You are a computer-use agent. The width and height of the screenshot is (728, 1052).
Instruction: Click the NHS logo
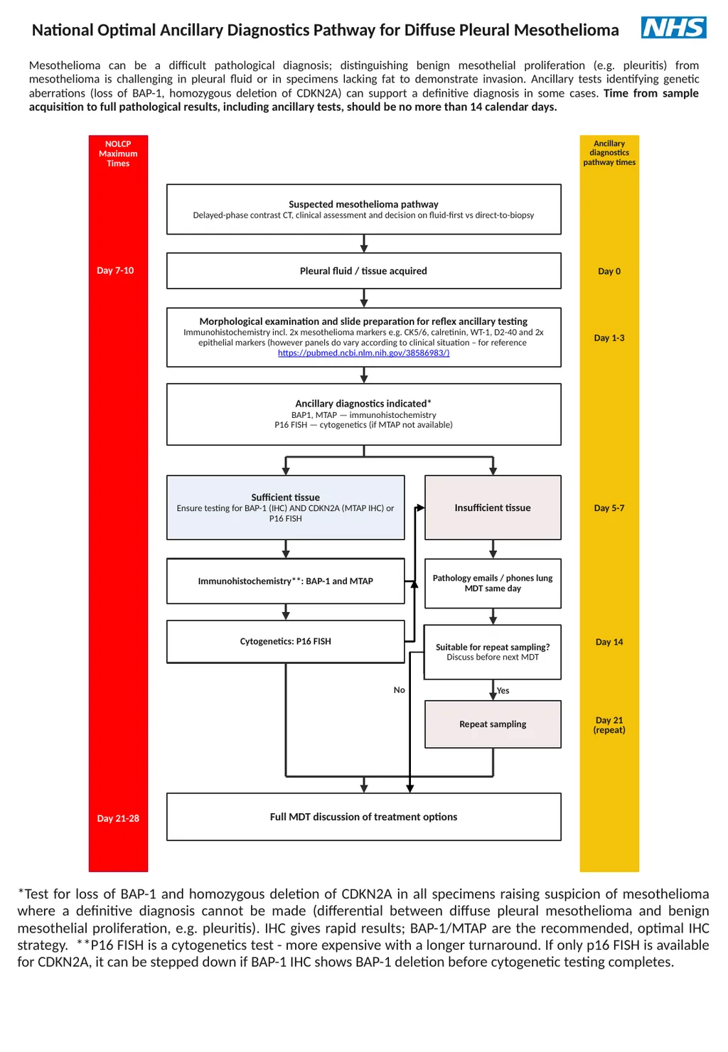(x=673, y=27)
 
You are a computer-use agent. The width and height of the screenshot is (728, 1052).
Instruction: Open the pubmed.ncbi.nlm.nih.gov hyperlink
(x=363, y=353)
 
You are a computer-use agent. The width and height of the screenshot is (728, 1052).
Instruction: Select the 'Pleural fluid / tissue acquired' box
(x=363, y=271)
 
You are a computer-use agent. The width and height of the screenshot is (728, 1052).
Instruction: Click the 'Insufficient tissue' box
(x=493, y=508)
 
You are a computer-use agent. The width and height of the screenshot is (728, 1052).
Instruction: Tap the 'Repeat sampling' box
(x=493, y=724)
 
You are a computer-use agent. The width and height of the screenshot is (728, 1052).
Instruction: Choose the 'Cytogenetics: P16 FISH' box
(x=286, y=642)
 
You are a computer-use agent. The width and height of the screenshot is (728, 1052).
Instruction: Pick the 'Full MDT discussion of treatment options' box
(x=363, y=817)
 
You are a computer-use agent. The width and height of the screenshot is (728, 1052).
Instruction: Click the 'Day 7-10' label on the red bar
(x=115, y=271)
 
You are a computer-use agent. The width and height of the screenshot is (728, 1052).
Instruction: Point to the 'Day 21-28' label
(x=118, y=818)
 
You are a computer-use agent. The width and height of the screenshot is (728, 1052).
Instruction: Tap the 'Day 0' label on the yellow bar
(x=609, y=271)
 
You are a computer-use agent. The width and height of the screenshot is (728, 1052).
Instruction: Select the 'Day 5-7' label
(x=609, y=508)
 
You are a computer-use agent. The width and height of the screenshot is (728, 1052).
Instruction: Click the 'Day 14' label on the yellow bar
(x=609, y=642)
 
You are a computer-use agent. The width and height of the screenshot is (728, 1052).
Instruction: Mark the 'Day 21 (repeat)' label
(x=609, y=724)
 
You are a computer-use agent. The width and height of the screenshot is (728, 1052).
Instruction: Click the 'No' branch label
(x=400, y=690)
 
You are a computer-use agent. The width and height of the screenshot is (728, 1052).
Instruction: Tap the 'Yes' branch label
(x=503, y=690)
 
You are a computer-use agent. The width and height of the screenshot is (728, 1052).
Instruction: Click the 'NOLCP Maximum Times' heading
(x=118, y=154)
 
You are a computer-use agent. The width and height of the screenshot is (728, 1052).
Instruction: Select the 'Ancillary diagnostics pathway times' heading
(x=609, y=153)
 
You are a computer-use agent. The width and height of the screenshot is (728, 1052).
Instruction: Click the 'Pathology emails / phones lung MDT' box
(x=493, y=584)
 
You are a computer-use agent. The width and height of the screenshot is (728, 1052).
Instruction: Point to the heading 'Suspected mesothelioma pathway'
(x=363, y=204)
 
